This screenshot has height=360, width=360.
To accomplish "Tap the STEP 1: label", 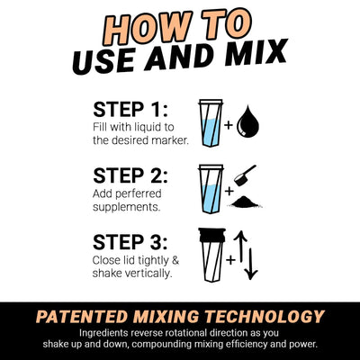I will (x=131, y=110).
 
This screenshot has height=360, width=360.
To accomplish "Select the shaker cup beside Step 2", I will (x=210, y=190).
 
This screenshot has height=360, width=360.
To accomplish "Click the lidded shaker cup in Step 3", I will (x=210, y=257).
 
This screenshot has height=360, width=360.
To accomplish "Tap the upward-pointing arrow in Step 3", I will (x=241, y=247).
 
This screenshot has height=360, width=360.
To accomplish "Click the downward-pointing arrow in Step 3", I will (x=252, y=265).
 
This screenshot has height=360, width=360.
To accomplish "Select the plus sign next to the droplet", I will (x=229, y=126).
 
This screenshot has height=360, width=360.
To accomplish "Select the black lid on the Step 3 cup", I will (x=210, y=238).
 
